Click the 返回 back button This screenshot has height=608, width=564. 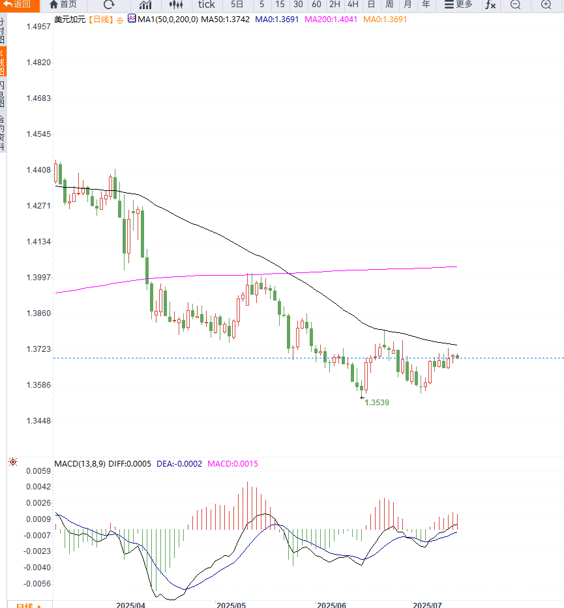pyautogui.click(x=18, y=5)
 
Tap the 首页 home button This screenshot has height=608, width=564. pyautogui.click(x=63, y=5)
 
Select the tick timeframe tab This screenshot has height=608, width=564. pyautogui.click(x=206, y=5)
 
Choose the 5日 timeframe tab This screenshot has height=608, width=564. pyautogui.click(x=237, y=5)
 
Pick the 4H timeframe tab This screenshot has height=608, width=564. pyautogui.click(x=353, y=5)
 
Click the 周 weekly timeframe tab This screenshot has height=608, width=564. pyautogui.click(x=389, y=5)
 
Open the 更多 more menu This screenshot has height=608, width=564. pyautogui.click(x=458, y=5)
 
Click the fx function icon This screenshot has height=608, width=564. pyautogui.click(x=490, y=5)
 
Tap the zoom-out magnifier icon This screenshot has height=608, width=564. pyautogui.click(x=515, y=5)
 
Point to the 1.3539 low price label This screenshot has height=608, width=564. pyautogui.click(x=377, y=403)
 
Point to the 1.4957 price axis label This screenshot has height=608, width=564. pyautogui.click(x=38, y=27)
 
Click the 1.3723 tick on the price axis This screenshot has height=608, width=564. pyautogui.click(x=38, y=349)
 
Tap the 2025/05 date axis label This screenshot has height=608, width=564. pyautogui.click(x=231, y=605)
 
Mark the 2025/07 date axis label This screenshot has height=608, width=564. pyautogui.click(x=427, y=605)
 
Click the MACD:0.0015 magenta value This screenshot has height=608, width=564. pyautogui.click(x=233, y=464)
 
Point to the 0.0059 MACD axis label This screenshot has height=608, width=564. pyautogui.click(x=38, y=470)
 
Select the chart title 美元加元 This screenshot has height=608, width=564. pyautogui.click(x=70, y=20)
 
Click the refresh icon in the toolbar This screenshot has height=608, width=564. pyautogui.click(x=109, y=5)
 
